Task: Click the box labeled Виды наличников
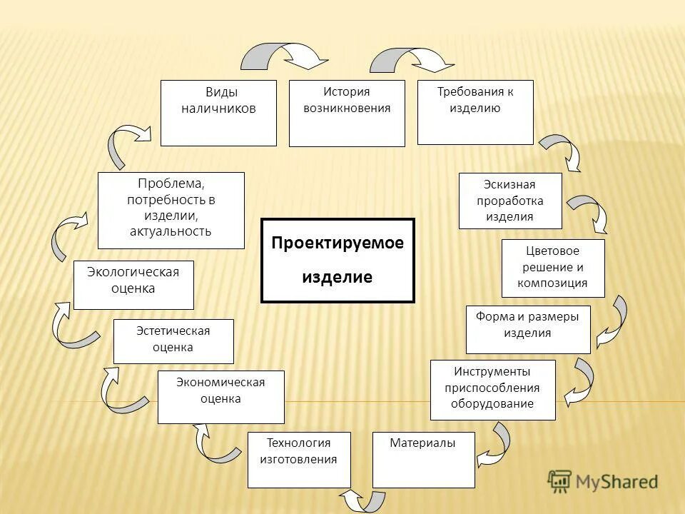218,113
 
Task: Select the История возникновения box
347,113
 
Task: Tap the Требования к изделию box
475,112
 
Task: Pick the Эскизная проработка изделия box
510,201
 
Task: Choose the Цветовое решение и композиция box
553,268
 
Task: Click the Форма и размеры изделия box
528,329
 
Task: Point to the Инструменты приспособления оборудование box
492,390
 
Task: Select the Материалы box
424,460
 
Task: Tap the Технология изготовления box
299,460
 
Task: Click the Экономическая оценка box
220,397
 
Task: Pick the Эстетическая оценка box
173,341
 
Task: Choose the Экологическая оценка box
133,284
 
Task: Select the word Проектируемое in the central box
338,243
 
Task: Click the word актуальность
171,231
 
